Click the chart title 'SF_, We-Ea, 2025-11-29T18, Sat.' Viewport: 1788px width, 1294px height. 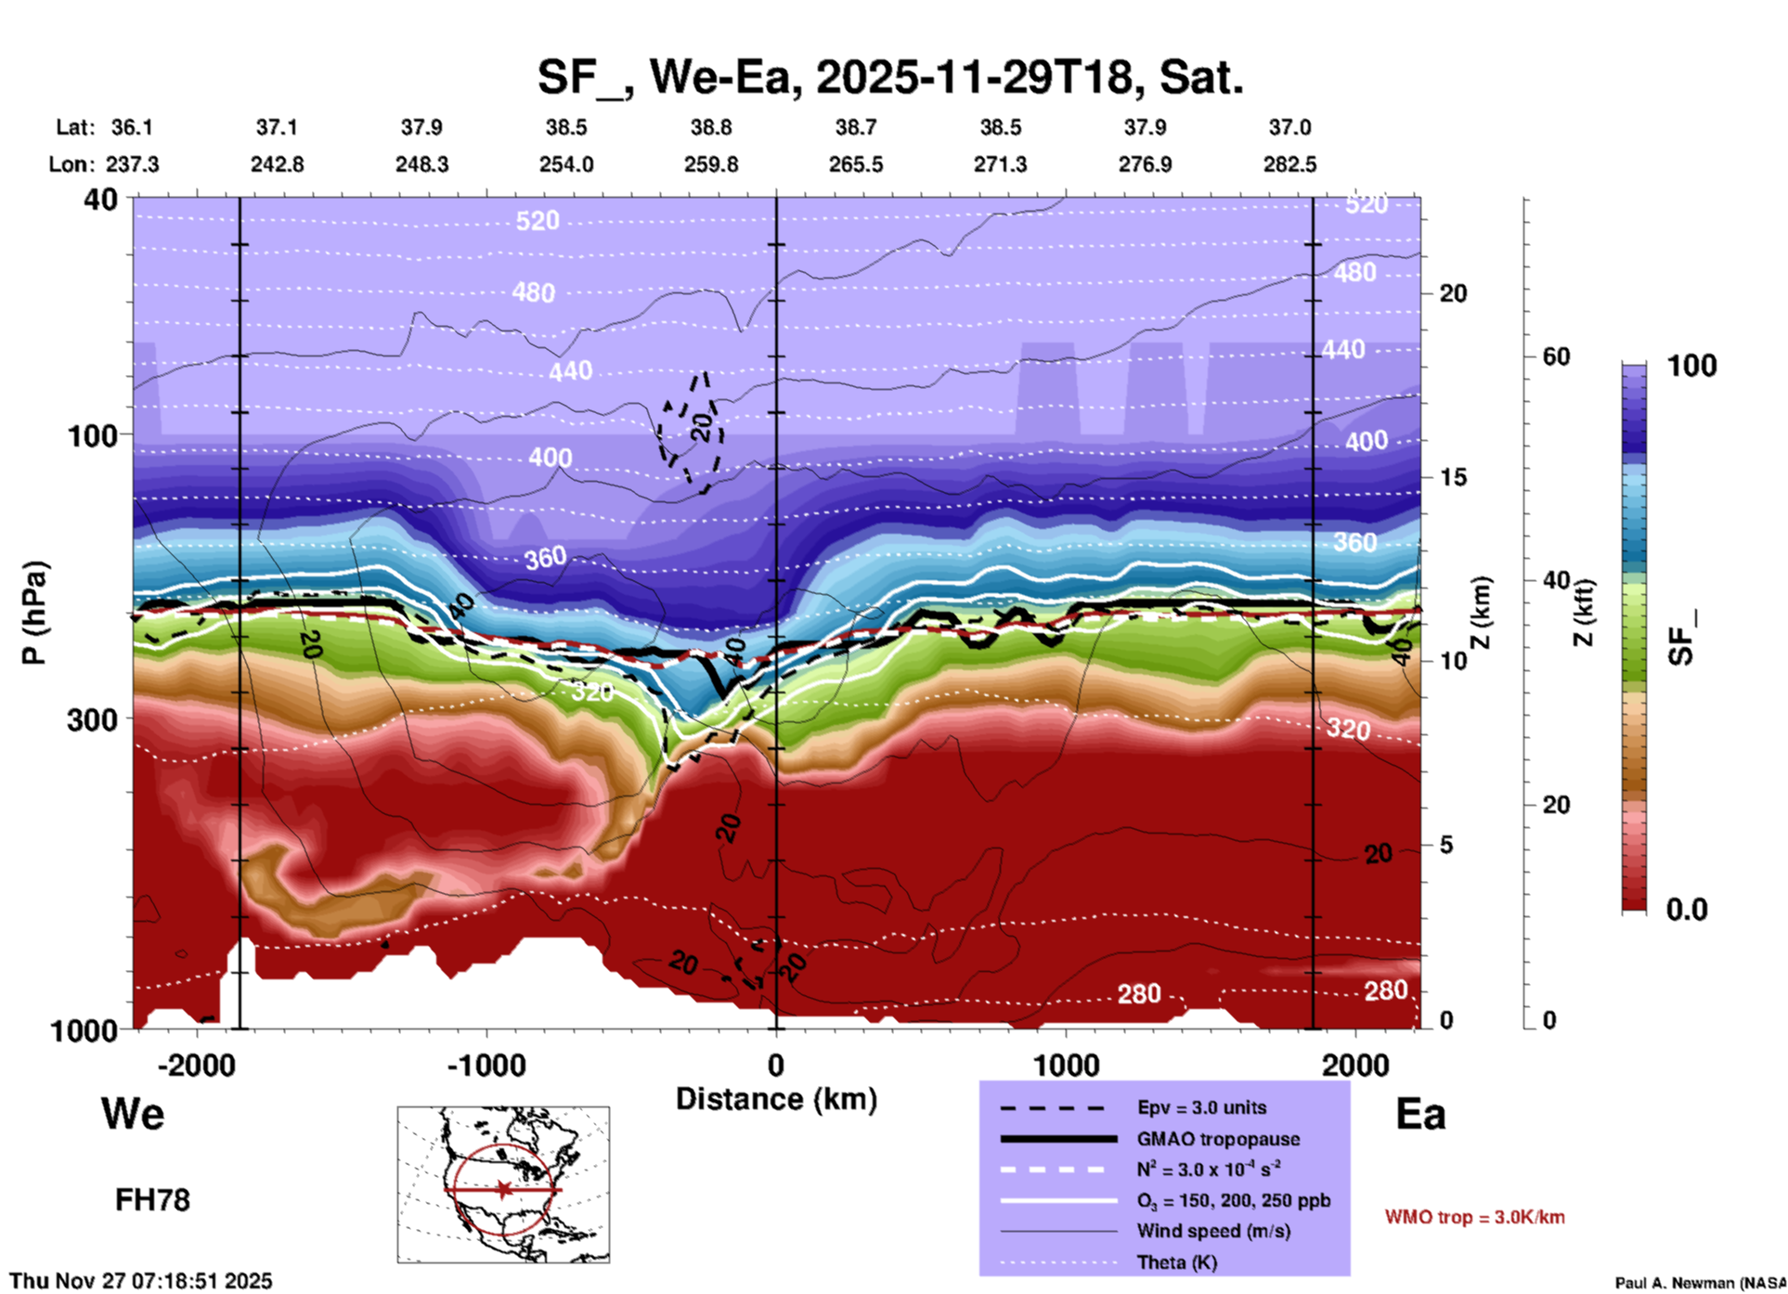pos(889,77)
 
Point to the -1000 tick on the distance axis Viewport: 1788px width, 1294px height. pos(486,1065)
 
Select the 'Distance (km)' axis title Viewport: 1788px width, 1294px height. pos(776,1099)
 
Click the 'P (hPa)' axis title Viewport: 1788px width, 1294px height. pos(34,613)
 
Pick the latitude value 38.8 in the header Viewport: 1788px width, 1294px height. pos(711,127)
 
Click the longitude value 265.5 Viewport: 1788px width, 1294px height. pos(856,164)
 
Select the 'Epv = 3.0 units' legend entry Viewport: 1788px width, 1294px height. pos(1201,1107)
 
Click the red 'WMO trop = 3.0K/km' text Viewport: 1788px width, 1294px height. pos(1474,1217)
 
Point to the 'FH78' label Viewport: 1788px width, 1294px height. pos(152,1200)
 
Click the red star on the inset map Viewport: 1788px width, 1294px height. pos(503,1189)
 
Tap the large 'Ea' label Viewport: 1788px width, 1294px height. pos(1420,1114)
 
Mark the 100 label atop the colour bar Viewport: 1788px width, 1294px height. pos(1691,366)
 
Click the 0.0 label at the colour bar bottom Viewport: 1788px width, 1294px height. pos(1687,910)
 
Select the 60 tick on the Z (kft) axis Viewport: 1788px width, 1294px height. pos(1556,356)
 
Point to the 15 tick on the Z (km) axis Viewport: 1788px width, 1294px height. pos(1453,477)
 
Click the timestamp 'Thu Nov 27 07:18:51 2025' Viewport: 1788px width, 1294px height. pos(141,1281)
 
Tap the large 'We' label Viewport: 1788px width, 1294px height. pos(133,1114)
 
